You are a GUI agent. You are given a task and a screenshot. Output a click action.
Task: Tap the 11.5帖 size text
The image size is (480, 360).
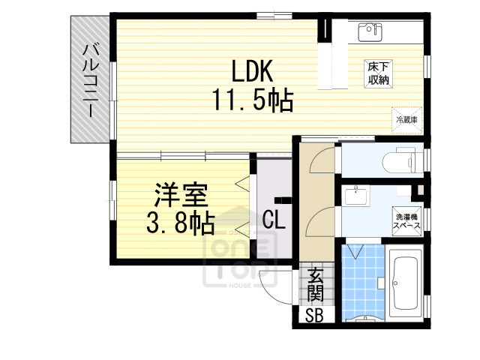click(x=251, y=99)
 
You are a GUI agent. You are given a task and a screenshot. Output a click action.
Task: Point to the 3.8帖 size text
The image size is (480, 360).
click(x=180, y=223)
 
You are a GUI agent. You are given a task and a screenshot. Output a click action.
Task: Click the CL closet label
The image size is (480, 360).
click(x=274, y=218)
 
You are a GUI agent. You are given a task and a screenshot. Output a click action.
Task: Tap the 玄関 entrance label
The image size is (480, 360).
click(x=314, y=284)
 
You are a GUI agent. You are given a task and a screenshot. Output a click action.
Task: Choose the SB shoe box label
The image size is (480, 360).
click(x=313, y=316)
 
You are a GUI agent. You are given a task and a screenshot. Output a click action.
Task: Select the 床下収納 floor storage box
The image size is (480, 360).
click(x=377, y=73)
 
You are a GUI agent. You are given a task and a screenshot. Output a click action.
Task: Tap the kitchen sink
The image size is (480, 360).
click(x=367, y=31)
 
